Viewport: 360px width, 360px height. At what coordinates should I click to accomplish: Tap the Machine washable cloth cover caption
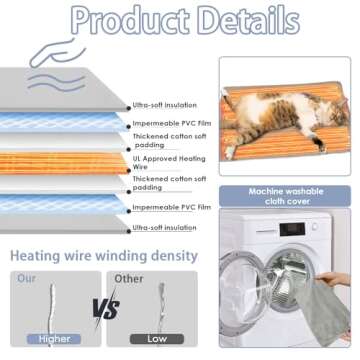(x=290, y=197)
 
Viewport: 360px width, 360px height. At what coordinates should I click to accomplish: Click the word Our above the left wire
(x=25, y=277)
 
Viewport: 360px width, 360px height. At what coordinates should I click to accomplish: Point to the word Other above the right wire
(x=130, y=277)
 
